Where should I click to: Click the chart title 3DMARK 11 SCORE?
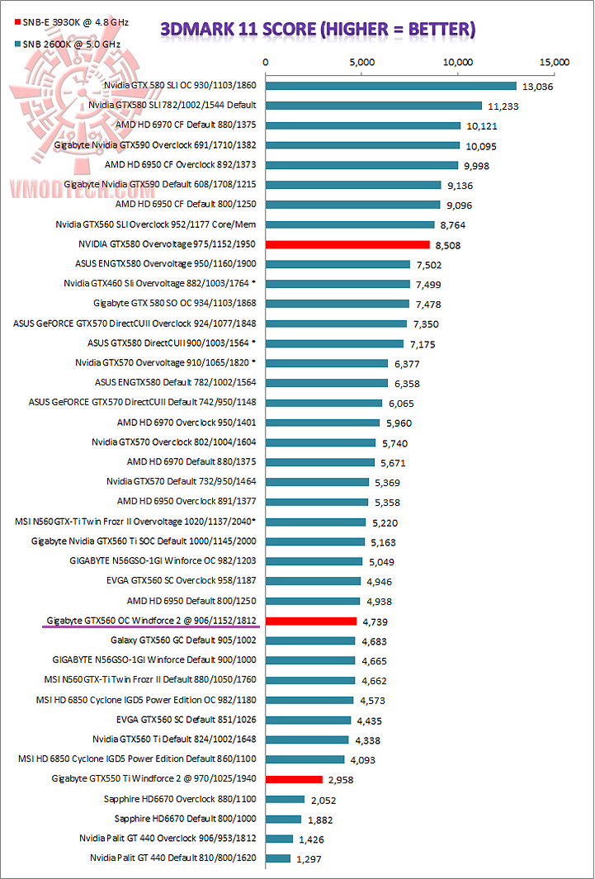tap(318, 30)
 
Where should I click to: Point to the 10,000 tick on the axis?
tap(457, 62)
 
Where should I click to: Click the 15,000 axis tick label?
tap(554, 62)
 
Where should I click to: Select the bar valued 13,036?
tap(390, 86)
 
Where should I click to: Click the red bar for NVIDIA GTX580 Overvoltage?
tap(347, 244)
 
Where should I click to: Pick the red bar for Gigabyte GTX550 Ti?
tap(293, 779)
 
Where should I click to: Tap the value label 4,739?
tap(377, 621)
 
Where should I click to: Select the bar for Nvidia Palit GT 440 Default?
tap(277, 858)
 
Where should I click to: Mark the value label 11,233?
tap(503, 106)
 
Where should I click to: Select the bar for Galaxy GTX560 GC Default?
tap(309, 640)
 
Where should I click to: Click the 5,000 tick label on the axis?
tap(361, 62)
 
